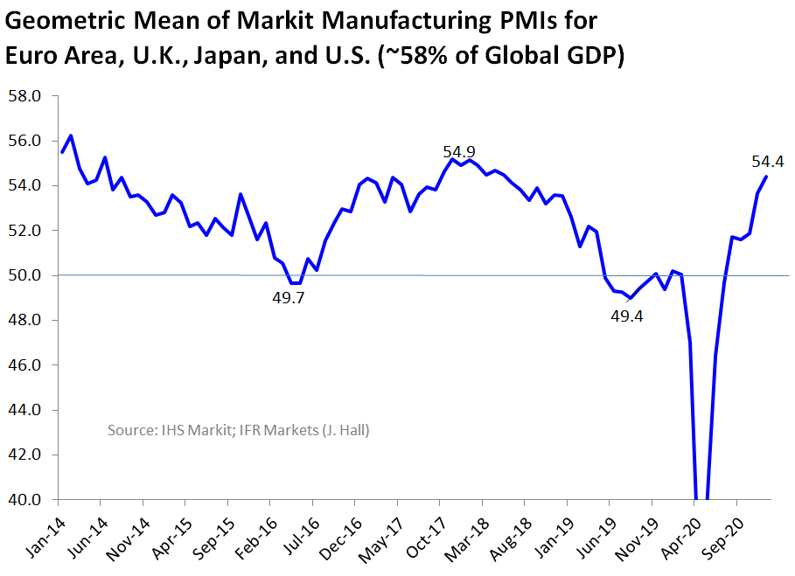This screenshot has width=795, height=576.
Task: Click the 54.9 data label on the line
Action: [x=459, y=152]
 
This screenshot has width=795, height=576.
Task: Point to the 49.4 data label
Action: [x=626, y=316]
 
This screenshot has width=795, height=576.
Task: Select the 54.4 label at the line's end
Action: [x=767, y=161]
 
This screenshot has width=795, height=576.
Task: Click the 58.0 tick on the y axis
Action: [x=24, y=96]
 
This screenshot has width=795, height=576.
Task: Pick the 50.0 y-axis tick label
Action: [x=24, y=276]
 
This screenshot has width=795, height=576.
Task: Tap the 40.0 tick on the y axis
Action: [x=24, y=501]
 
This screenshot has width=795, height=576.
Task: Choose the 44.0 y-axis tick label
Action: [x=24, y=411]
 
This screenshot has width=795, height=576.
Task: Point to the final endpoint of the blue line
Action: [x=766, y=177]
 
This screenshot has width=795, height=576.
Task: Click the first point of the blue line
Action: [x=62, y=152]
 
